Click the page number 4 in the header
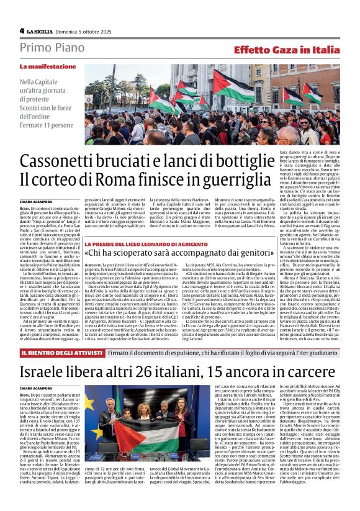coord(22,30)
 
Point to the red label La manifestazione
coord(47,66)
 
